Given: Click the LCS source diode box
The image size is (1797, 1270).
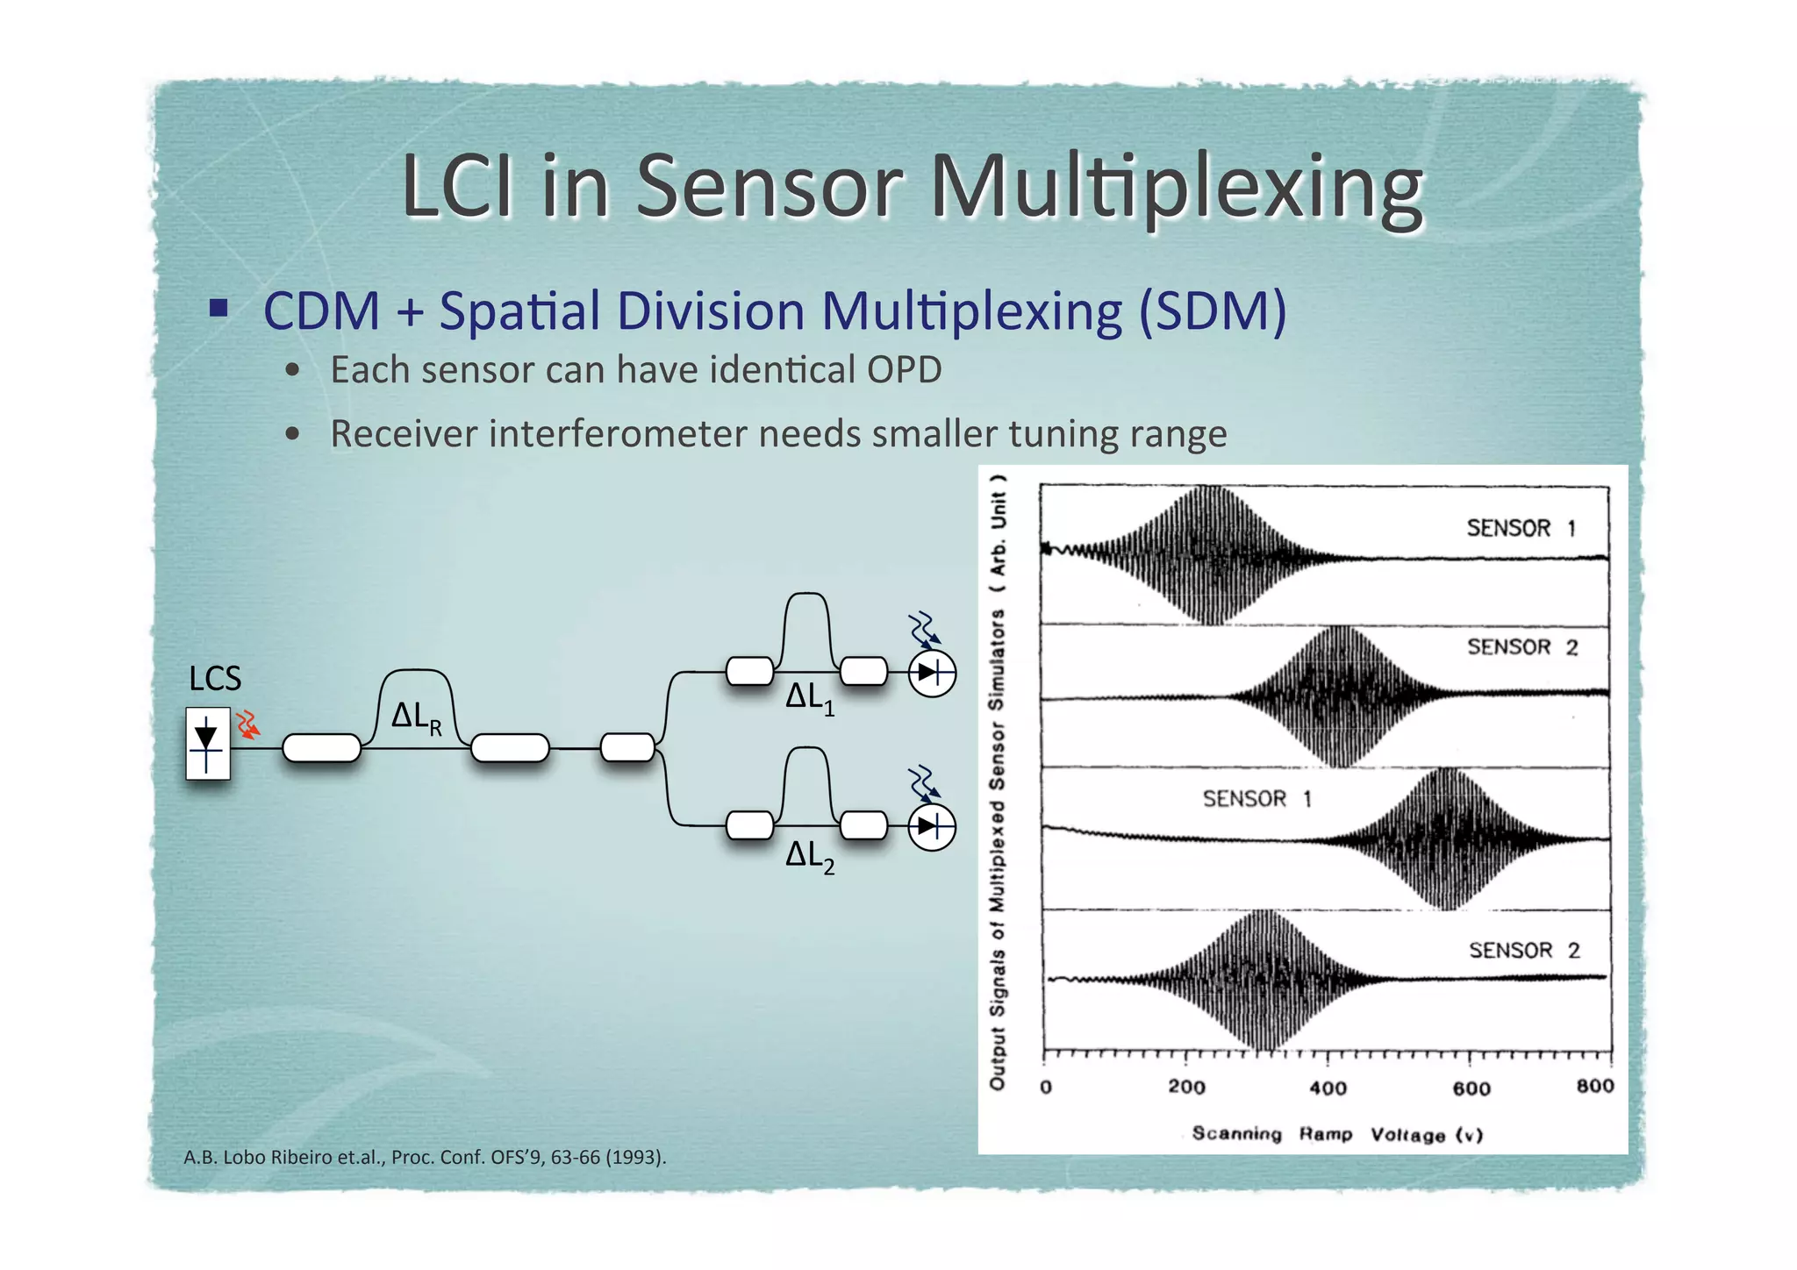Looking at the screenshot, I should click(x=208, y=744).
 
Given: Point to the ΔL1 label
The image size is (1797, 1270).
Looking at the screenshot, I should click(x=809, y=699).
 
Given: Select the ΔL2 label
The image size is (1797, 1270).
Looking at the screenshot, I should click(x=809, y=856).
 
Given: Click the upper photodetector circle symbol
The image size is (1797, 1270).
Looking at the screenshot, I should click(x=931, y=674).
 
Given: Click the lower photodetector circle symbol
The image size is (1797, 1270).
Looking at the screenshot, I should click(x=931, y=827).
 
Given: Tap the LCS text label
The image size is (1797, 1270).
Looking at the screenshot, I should click(x=215, y=679).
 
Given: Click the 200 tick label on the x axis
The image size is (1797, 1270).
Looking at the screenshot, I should click(x=1186, y=1088).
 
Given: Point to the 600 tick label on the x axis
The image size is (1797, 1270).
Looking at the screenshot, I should click(x=1471, y=1088).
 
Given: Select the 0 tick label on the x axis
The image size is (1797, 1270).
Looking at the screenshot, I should click(x=1046, y=1088).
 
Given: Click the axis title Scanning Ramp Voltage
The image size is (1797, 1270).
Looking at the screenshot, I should click(x=1336, y=1134).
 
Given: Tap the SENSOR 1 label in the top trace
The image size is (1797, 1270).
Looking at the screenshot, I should click(x=1521, y=528).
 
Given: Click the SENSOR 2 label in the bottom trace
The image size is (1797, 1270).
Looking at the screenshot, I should click(x=1524, y=951).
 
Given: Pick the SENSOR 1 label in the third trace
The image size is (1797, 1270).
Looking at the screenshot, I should click(x=1256, y=799).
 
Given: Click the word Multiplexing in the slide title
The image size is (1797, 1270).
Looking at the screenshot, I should click(x=1175, y=187).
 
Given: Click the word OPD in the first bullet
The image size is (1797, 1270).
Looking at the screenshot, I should click(x=904, y=370).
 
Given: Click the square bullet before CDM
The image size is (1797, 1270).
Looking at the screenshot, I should click(x=218, y=308).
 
